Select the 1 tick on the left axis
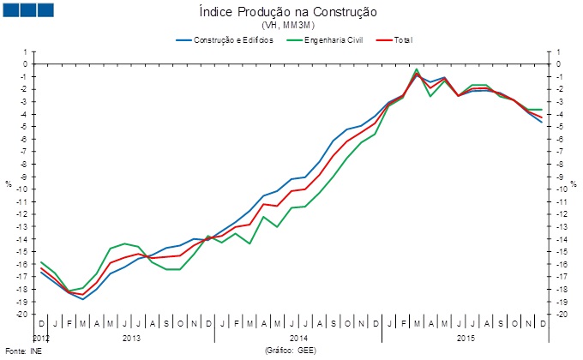[27, 51]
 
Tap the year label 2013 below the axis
[131, 339]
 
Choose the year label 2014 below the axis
[298, 339]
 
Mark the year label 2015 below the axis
[466, 339]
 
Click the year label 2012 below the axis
[42, 339]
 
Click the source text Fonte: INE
[23, 351]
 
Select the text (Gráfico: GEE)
[292, 351]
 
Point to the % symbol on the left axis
[9, 183]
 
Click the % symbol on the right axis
[573, 183]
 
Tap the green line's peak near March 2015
[417, 69]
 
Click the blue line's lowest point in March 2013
[82, 299]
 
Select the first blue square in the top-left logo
[12, 10]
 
